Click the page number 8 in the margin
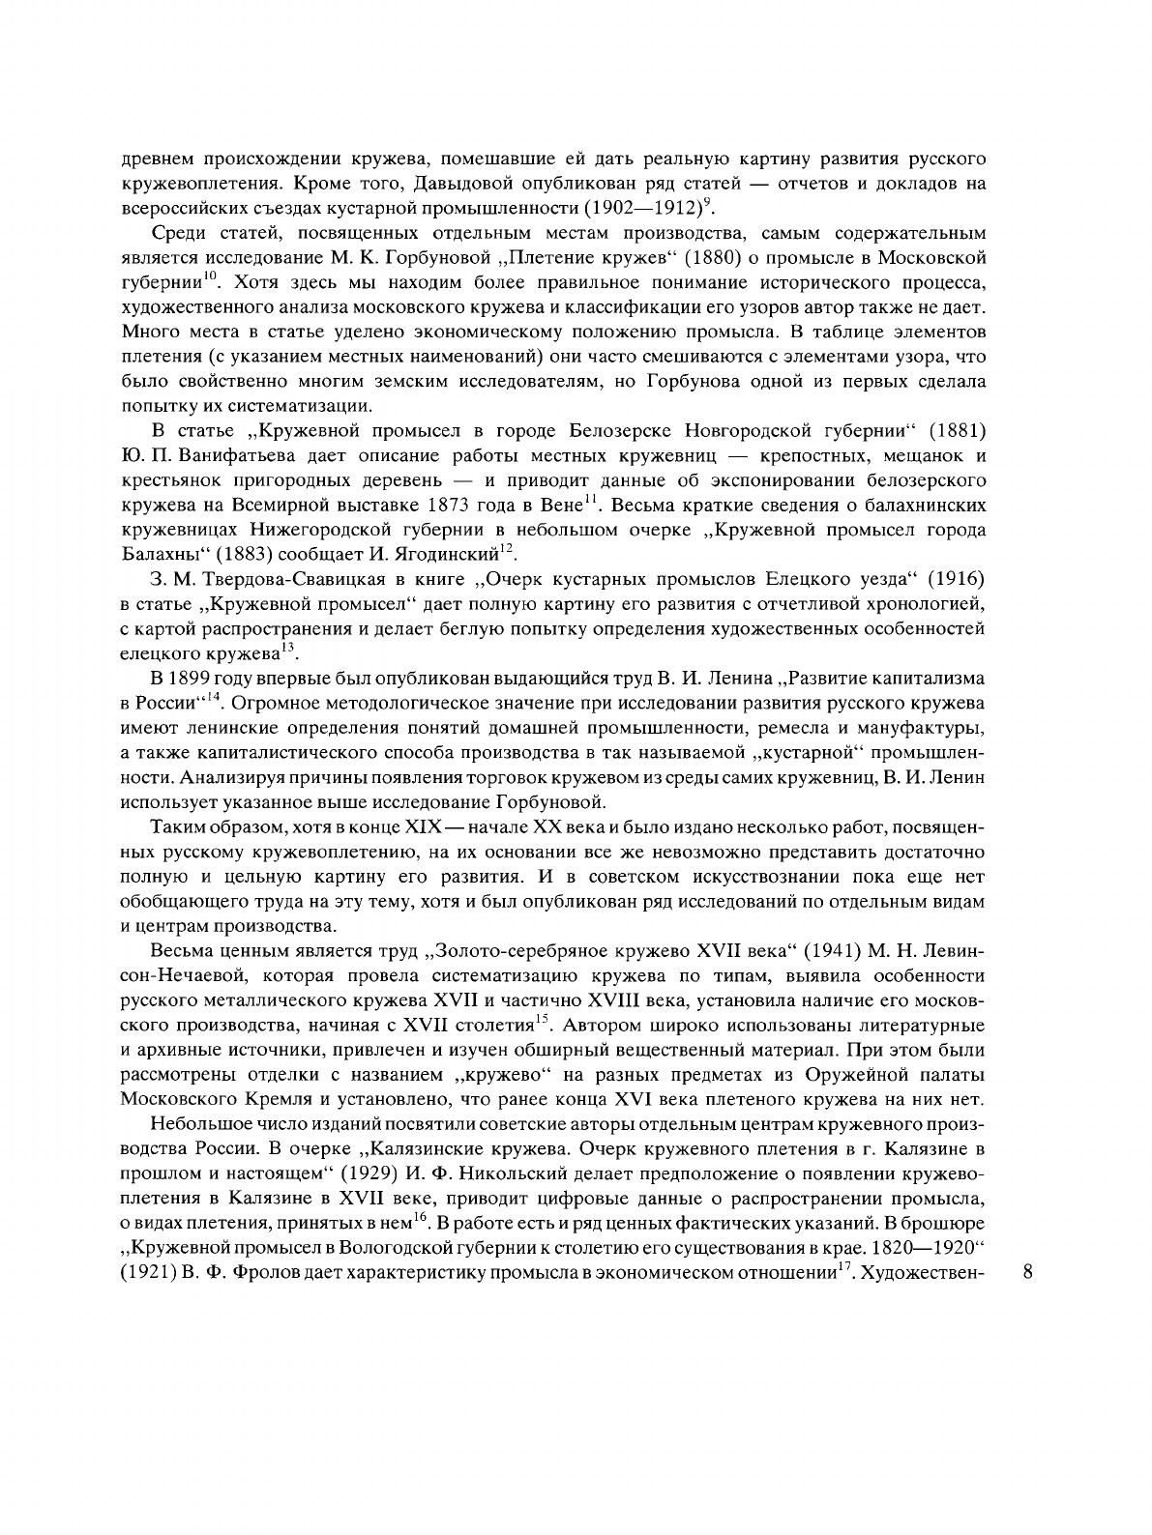[1027, 1272]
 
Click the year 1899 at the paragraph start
[196, 680]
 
